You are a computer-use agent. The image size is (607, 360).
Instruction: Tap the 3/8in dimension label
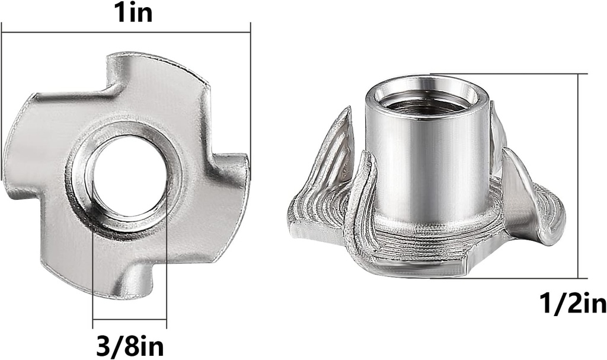click(x=130, y=345)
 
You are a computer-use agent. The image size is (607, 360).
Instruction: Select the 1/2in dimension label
click(x=573, y=304)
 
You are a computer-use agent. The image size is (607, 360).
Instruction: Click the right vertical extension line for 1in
click(x=251, y=89)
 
